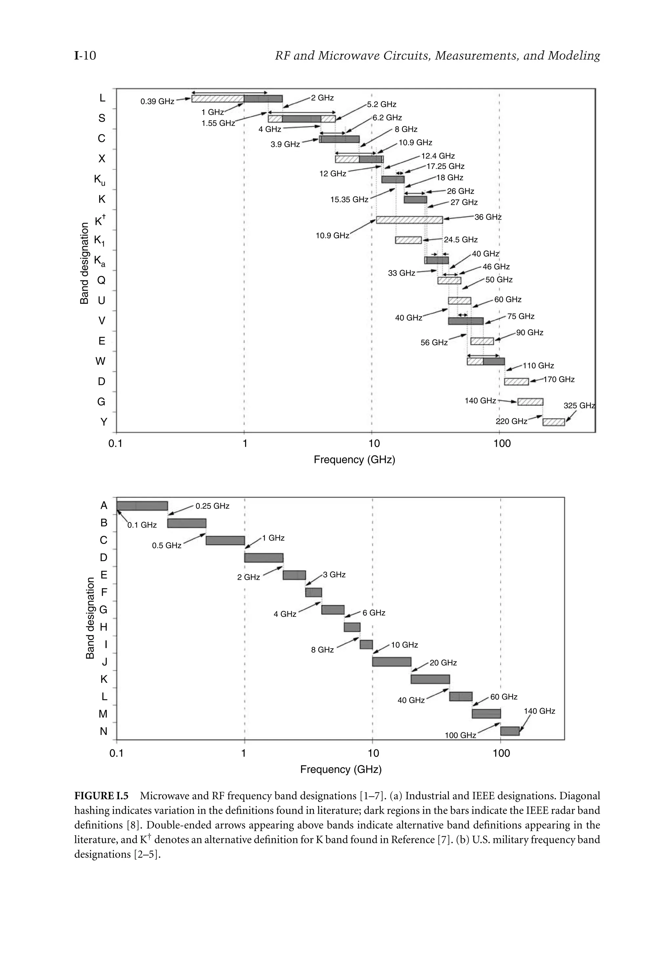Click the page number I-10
[85, 55]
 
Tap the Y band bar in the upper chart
[553, 422]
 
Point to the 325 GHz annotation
[579, 406]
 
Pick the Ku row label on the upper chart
[99, 180]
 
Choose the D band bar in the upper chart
[516, 381]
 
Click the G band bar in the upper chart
[530, 402]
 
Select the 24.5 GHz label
[460, 240]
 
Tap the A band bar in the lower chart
[142, 506]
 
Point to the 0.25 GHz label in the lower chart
[212, 506]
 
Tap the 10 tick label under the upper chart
[373, 443]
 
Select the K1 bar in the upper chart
[408, 240]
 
